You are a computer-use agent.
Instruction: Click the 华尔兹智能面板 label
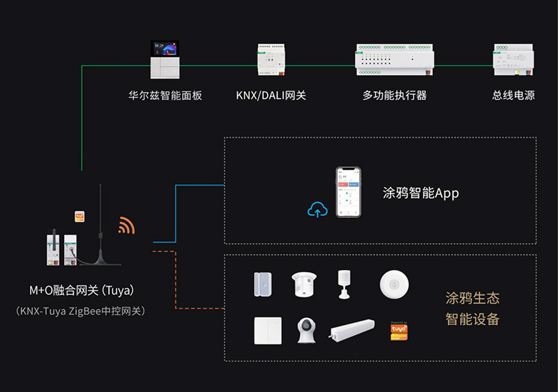(x=165, y=96)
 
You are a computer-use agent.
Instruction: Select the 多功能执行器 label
(x=394, y=96)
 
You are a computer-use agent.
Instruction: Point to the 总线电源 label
(x=513, y=96)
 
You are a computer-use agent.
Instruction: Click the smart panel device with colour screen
(x=165, y=61)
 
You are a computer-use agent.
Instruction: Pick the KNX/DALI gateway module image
(x=271, y=61)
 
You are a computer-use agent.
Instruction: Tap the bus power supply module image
(x=513, y=61)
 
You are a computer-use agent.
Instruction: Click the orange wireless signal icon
(x=126, y=225)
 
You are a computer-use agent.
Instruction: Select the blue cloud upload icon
(x=317, y=209)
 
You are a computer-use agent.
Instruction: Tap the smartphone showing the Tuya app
(x=349, y=193)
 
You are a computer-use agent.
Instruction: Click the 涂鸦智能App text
(x=421, y=193)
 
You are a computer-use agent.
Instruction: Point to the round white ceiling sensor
(x=394, y=285)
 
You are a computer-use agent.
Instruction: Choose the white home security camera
(x=306, y=331)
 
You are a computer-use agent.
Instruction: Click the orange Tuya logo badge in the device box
(x=398, y=331)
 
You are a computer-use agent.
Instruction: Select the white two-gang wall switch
(x=268, y=331)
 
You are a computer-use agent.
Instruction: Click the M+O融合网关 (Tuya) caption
(x=81, y=290)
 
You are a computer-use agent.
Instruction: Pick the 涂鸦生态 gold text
(x=472, y=299)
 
